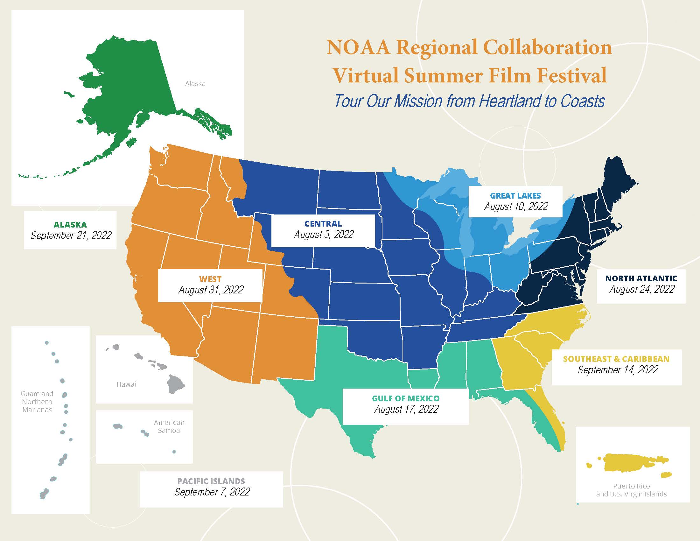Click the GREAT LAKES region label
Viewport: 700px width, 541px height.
click(515, 195)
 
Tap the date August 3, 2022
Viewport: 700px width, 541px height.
click(324, 235)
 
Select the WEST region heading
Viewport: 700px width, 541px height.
click(210, 279)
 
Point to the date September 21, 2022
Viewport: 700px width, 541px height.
click(71, 235)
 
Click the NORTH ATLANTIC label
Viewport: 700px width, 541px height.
click(641, 278)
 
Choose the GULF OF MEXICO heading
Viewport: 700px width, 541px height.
click(405, 398)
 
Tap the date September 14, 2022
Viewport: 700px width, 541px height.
click(617, 370)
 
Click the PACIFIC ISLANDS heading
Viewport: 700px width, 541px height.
click(211, 481)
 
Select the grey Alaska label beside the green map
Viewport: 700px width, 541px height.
click(195, 84)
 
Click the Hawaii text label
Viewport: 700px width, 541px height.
click(127, 384)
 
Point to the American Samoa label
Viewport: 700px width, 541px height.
click(169, 426)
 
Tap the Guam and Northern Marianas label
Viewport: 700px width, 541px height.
click(37, 402)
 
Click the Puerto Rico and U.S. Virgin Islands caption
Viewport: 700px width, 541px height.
click(631, 490)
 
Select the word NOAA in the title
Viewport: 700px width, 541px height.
click(358, 47)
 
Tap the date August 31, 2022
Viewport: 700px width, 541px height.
click(211, 290)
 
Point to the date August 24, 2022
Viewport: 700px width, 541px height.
click(642, 289)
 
